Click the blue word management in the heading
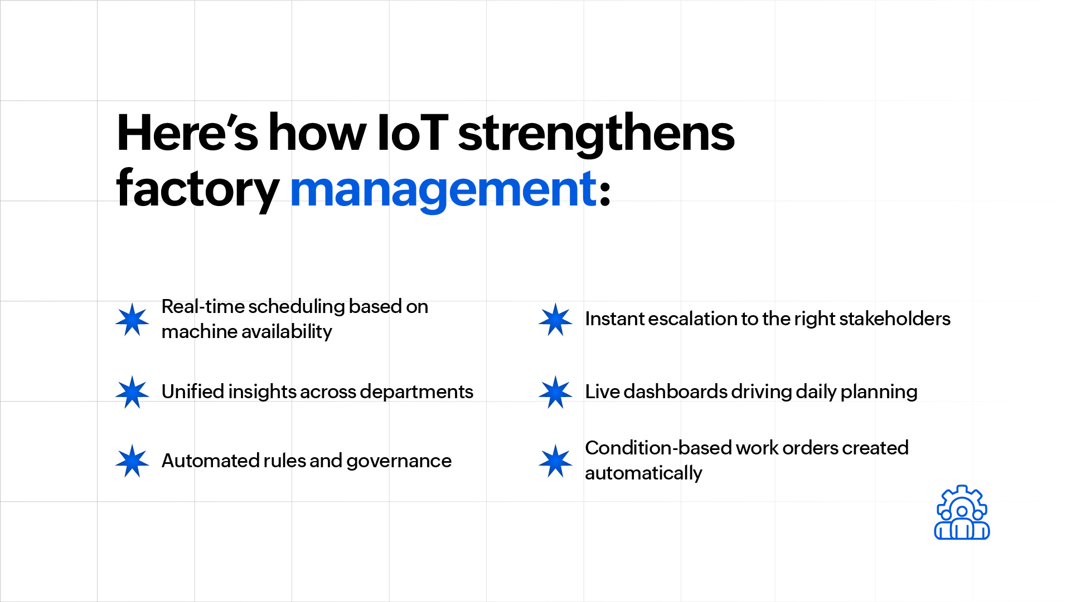point(444,190)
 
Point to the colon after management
point(605,194)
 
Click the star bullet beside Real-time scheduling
point(132,320)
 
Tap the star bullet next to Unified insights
point(132,392)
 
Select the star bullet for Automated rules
point(132,461)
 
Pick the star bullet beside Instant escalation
point(555,320)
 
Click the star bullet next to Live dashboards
point(555,392)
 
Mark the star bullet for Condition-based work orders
point(555,461)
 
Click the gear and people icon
point(962,512)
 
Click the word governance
point(399,462)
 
